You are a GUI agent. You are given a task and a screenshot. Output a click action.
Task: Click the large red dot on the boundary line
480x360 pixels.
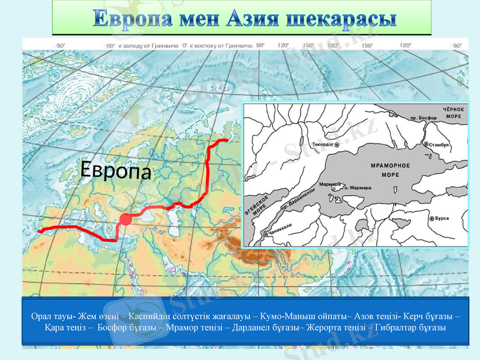(125, 220)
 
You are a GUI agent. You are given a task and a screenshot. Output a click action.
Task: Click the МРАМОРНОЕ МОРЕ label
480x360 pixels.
(391, 170)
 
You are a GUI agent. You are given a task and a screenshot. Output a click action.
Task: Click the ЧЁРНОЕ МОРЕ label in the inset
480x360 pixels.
(452, 112)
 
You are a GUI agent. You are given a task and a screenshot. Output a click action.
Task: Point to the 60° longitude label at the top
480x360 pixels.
(110, 45)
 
